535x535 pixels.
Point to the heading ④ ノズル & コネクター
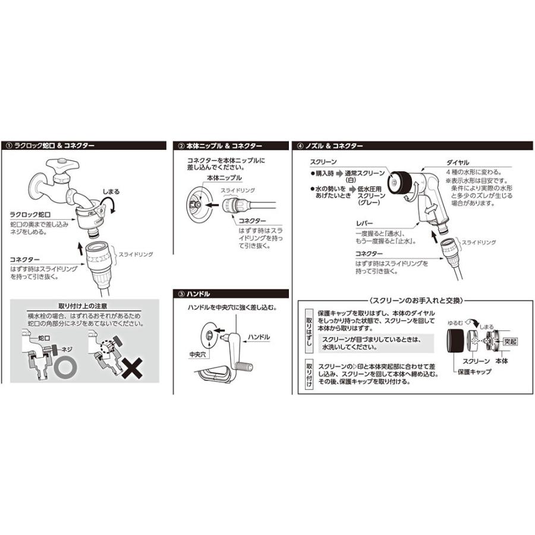point(333,145)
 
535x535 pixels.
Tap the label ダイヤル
point(457,162)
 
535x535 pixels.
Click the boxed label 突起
point(510,342)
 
